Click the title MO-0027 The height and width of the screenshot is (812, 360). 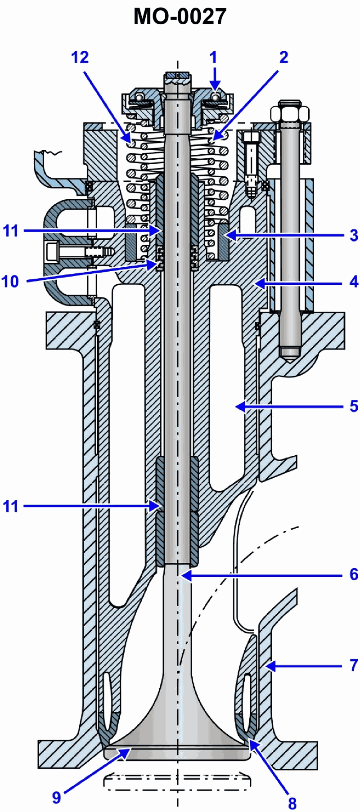[180, 17]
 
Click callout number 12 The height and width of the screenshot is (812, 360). [80, 57]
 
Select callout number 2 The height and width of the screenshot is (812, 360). [283, 57]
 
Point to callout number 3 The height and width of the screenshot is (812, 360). [354, 235]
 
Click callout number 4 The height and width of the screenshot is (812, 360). [354, 282]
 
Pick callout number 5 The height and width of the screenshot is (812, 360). [354, 406]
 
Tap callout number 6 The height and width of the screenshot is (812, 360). [354, 574]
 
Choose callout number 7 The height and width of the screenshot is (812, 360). [354, 665]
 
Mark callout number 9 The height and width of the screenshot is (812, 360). [56, 798]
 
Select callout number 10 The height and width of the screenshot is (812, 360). [10, 282]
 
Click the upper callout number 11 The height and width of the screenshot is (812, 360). [10, 231]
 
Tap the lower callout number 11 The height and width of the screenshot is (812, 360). [10, 506]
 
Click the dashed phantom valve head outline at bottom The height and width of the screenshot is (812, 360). [177, 782]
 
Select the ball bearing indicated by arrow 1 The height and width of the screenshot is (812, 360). [217, 97]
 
